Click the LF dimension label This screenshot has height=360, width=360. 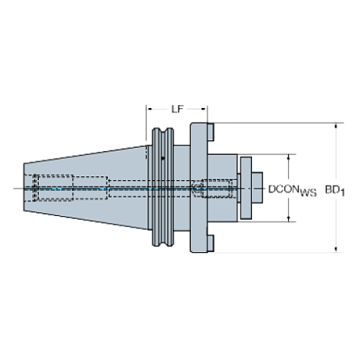[x=177, y=109]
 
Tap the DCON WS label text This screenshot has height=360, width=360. [x=292, y=190]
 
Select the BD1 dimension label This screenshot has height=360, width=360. [x=335, y=190]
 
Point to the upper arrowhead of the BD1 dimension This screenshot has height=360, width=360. [x=336, y=126]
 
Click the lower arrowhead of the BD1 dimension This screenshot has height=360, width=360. [x=336, y=248]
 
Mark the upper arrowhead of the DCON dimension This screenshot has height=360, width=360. [x=289, y=157]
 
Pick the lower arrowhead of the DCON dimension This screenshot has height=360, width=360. [x=289, y=219]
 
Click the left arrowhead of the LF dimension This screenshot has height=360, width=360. [x=149, y=109]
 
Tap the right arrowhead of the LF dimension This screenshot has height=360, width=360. [x=204, y=109]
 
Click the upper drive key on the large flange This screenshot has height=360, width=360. [x=211, y=132]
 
